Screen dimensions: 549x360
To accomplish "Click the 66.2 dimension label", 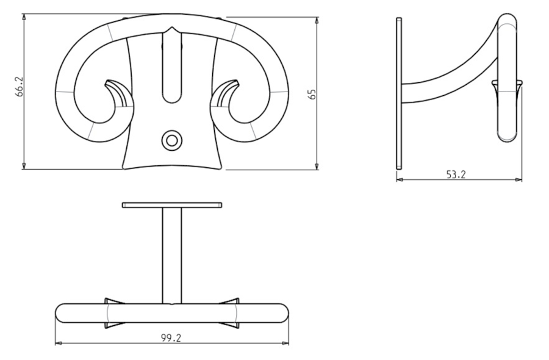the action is click(20, 87).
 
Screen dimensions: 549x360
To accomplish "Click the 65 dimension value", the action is click(312, 94).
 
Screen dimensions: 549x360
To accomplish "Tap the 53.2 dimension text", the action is click(456, 175).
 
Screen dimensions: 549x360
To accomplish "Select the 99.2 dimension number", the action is click(171, 338).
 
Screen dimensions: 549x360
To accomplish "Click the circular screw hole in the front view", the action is click(171, 141).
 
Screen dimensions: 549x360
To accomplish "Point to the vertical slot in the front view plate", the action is click(171, 67).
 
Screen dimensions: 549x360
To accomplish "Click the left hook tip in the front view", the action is click(107, 83).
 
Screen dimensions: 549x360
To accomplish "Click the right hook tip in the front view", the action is click(237, 83).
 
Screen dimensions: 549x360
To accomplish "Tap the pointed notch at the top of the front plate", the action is click(171, 27).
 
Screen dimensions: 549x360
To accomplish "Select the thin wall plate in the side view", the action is click(399, 93).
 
